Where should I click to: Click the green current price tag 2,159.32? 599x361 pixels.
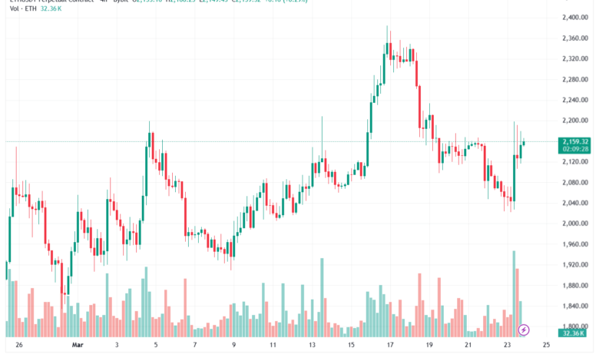[x=575, y=141]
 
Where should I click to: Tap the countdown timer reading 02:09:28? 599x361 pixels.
[x=575, y=150]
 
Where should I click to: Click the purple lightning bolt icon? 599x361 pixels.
[x=524, y=330]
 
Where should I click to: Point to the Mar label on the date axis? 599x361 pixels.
[x=78, y=345]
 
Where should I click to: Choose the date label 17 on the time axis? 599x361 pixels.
[x=389, y=345]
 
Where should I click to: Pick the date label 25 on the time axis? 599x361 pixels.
[x=546, y=345]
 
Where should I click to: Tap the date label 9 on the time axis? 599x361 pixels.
[x=233, y=345]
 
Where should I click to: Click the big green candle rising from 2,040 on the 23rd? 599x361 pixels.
[x=513, y=177]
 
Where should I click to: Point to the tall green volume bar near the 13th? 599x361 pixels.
[x=322, y=296]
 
